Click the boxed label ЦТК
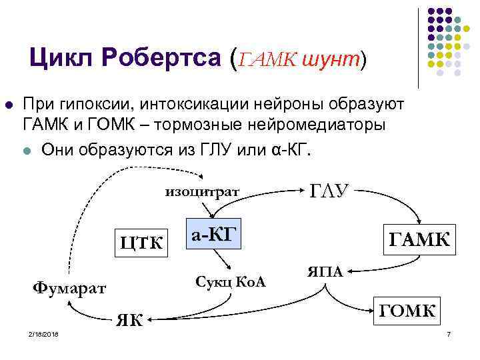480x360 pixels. [141, 242]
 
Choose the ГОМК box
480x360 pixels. [407, 310]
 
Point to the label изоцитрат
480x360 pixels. [203, 193]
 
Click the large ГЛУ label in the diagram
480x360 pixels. [329, 191]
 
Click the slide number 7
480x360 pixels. [449, 333]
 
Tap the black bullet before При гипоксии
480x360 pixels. [9, 105]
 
